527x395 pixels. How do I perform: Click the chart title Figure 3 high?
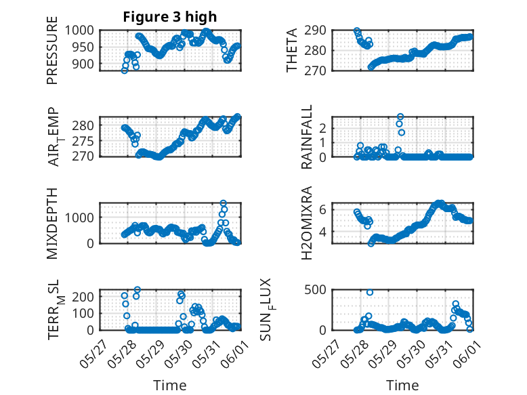coord(170,17)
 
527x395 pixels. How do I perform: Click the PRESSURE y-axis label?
coord(52,50)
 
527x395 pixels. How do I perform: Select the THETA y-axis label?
coord(292,50)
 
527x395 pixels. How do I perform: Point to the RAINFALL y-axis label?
coord(307,137)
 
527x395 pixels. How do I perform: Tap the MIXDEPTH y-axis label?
coord(52,224)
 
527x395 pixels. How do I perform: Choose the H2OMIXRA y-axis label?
coord(307,223)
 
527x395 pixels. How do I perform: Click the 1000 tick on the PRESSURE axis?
coord(79,30)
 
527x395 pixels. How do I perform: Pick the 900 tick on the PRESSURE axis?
coord(83,64)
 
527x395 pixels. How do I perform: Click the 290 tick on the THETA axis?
coord(315,30)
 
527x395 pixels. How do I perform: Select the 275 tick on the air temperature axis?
coord(83,141)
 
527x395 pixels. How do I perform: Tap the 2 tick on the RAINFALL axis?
coord(322,128)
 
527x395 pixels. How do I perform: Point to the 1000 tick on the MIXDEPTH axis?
coord(79,217)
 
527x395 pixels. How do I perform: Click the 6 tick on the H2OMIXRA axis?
coord(322,210)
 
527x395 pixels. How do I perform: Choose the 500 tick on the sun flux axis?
coord(315,289)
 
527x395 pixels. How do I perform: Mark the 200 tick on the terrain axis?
coord(83,297)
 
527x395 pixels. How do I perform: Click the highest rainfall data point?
coord(400,117)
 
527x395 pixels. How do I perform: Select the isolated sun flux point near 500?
coord(370,293)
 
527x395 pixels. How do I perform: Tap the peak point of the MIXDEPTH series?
coord(223,203)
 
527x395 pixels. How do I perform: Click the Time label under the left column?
coord(170,386)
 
